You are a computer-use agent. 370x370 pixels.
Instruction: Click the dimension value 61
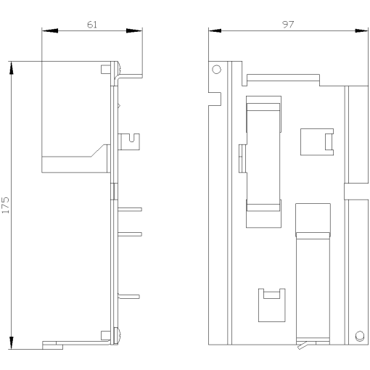[x=91, y=24]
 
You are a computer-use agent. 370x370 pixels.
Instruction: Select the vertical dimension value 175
[x=6, y=204]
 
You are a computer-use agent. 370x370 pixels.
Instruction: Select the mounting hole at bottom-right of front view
[x=360, y=334]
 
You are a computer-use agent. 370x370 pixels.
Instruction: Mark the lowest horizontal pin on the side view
[x=131, y=296]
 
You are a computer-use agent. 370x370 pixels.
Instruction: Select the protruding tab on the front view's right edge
[x=355, y=192]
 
